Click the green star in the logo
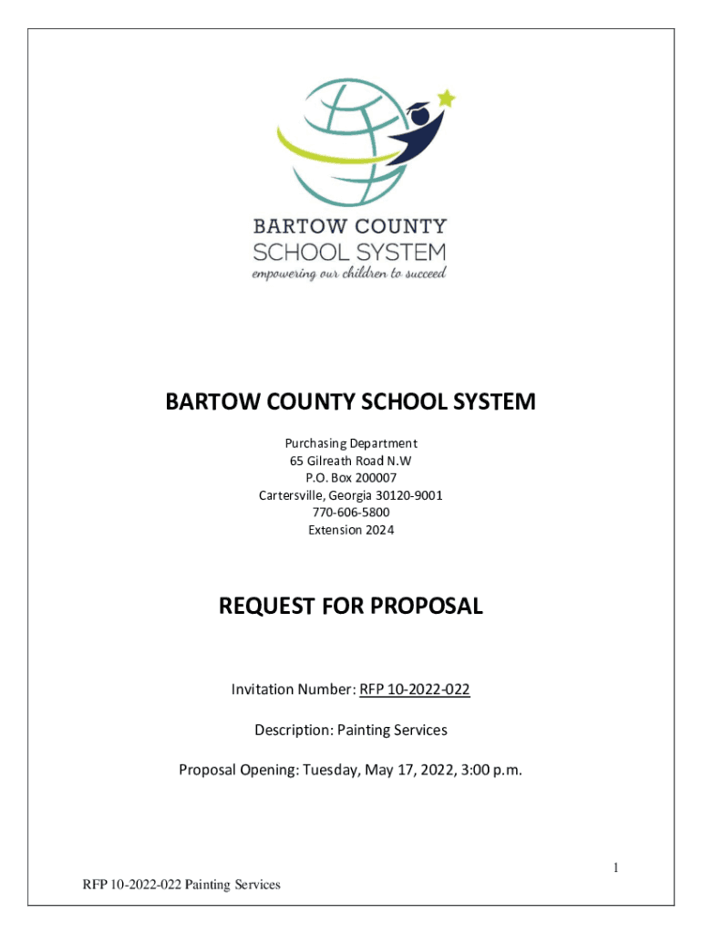tap(446, 98)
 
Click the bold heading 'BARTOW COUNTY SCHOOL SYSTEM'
tap(350, 402)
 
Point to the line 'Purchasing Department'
tap(350, 443)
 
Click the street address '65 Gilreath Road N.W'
tap(350, 461)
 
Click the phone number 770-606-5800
tap(350, 513)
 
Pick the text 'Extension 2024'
tap(350, 530)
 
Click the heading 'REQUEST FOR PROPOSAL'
tap(350, 606)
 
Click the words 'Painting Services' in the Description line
tap(392, 730)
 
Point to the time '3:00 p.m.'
tap(492, 770)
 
